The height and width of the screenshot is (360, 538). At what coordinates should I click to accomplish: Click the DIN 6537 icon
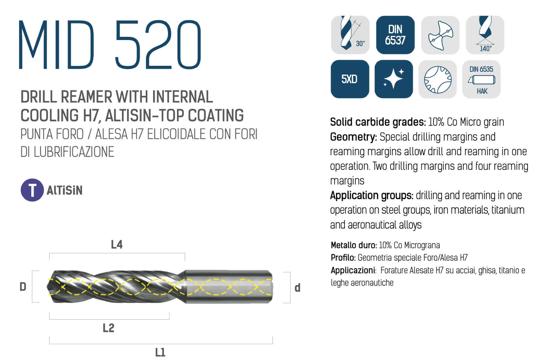pyautogui.click(x=395, y=35)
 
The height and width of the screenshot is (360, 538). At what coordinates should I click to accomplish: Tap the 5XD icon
pyautogui.click(x=350, y=79)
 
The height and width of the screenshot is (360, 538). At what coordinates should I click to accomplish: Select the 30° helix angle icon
pyautogui.click(x=350, y=35)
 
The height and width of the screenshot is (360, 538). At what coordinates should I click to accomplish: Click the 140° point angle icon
pyautogui.click(x=485, y=35)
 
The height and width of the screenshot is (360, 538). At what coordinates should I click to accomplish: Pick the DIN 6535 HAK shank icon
pyautogui.click(x=482, y=79)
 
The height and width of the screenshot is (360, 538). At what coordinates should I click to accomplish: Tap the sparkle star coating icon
pyautogui.click(x=394, y=79)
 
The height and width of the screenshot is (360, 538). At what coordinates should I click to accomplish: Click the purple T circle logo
pyautogui.click(x=32, y=190)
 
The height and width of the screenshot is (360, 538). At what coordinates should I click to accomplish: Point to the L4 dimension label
pyautogui.click(x=117, y=245)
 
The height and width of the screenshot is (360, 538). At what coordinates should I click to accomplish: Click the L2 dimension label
pyautogui.click(x=108, y=328)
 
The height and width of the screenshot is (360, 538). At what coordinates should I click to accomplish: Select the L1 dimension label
pyautogui.click(x=160, y=352)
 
